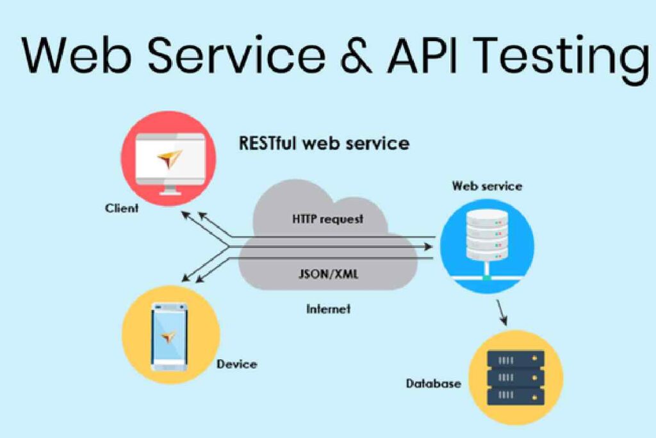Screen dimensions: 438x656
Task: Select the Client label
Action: pos(122,208)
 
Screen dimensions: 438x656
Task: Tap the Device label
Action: pos(236,364)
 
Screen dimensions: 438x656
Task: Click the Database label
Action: pos(433,383)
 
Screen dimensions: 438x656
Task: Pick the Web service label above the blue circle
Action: pos(487,187)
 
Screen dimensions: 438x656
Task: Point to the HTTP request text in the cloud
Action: pos(327,219)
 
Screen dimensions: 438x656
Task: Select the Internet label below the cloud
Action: pos(329,309)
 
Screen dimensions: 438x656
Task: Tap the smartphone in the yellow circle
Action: pos(169,337)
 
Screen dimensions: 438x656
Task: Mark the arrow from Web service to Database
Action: pos(503,314)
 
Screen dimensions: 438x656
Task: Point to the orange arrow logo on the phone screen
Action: pos(169,336)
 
